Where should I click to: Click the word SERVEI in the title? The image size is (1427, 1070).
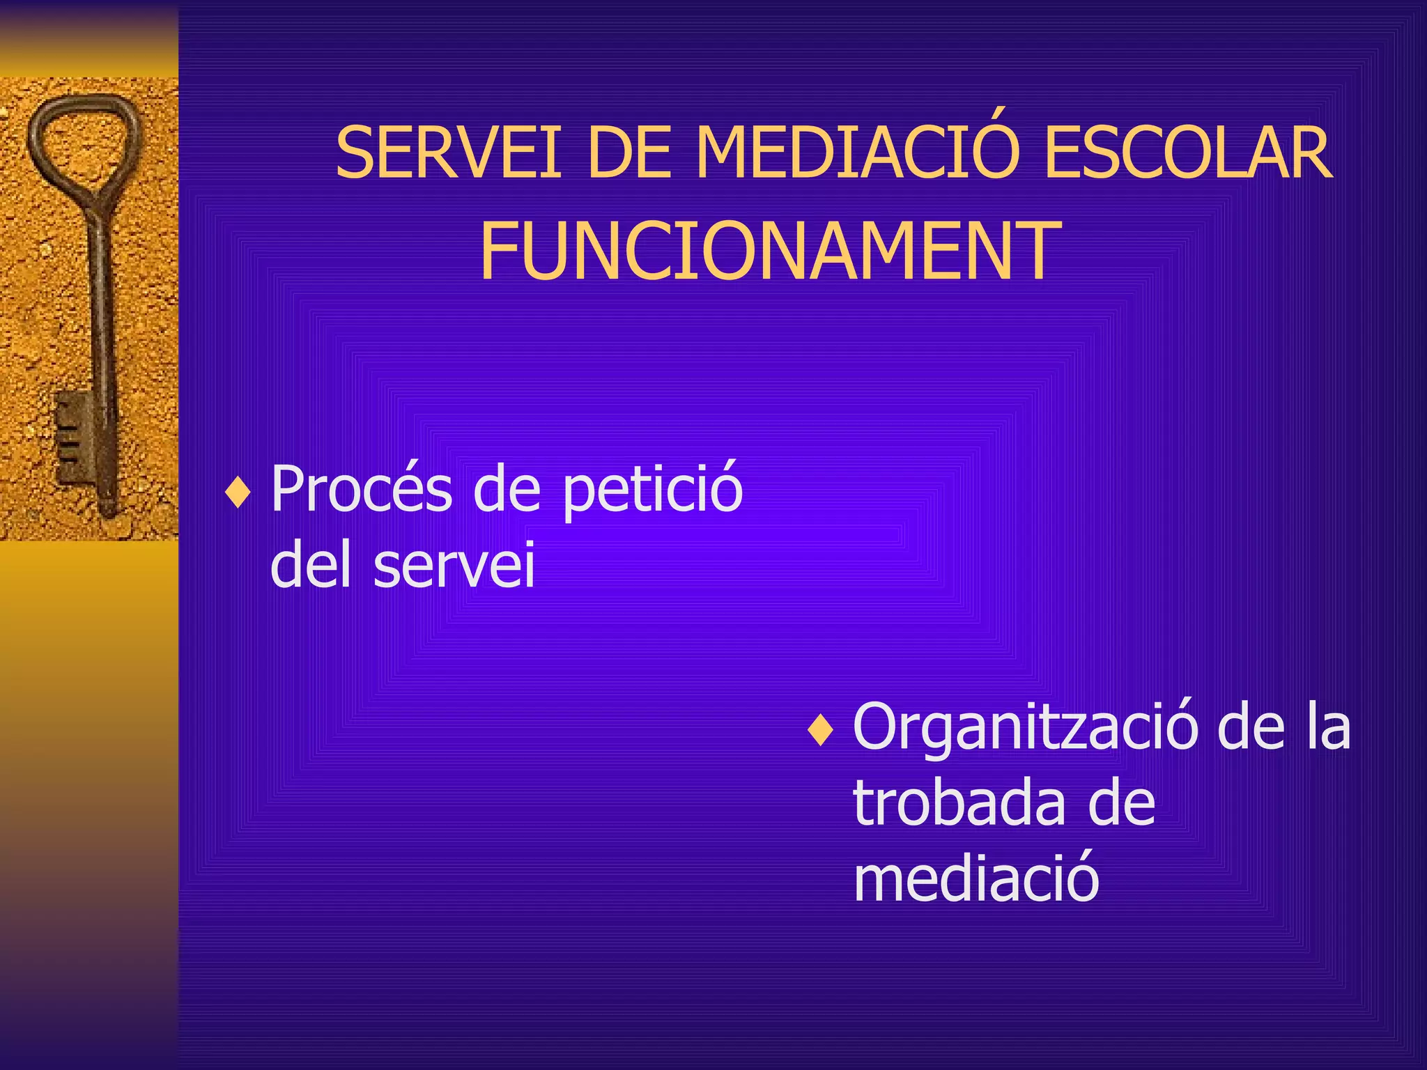pyautogui.click(x=448, y=153)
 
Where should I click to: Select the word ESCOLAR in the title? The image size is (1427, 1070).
pyautogui.click(x=1188, y=153)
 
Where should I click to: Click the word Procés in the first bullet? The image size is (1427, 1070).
pyautogui.click(x=362, y=488)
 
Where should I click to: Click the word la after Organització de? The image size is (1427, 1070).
pyautogui.click(x=1328, y=728)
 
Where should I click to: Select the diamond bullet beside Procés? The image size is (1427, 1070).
pyautogui.click(x=238, y=493)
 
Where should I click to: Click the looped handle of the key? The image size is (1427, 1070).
pyautogui.click(x=83, y=143)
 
